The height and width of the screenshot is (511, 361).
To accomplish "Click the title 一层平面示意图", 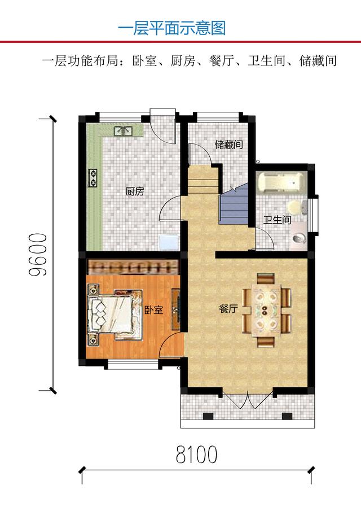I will tap(172, 28).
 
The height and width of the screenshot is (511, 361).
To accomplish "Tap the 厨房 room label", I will tap(135, 191).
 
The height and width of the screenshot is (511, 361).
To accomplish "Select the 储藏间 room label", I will tap(228, 145).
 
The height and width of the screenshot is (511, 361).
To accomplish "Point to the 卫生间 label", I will tap(278, 220).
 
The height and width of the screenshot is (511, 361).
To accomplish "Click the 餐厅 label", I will tap(228, 309).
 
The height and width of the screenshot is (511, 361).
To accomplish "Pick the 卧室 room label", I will tap(153, 310).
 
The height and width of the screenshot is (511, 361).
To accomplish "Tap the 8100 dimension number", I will tap(196, 454).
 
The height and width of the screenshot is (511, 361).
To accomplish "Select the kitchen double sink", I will tap(123, 132).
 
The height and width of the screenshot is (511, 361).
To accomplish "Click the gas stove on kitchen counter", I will tap(92, 178).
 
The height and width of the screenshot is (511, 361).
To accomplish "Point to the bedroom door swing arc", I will tap(171, 344).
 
